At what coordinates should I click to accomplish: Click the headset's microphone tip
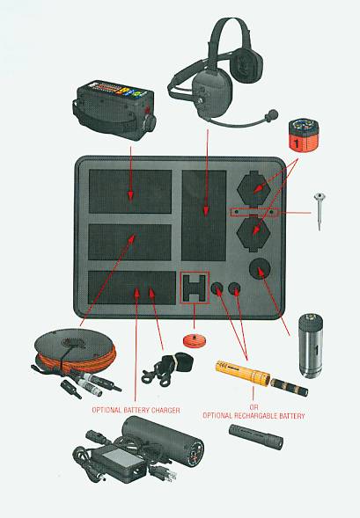(273, 114)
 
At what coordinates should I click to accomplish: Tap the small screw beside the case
(320, 211)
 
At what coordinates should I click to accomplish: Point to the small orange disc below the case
(195, 339)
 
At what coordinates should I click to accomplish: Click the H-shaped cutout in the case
(195, 288)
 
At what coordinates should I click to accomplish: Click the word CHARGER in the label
(165, 411)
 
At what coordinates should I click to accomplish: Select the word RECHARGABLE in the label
(255, 416)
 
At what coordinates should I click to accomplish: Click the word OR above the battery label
(253, 407)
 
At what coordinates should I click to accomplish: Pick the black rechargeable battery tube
(256, 437)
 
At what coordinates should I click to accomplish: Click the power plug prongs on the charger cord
(168, 476)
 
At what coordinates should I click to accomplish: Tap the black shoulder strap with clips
(167, 368)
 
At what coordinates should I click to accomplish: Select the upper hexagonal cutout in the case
(253, 188)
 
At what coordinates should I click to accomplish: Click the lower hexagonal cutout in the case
(253, 232)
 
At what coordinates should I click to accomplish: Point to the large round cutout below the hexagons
(260, 268)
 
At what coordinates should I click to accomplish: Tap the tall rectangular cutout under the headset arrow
(204, 215)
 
